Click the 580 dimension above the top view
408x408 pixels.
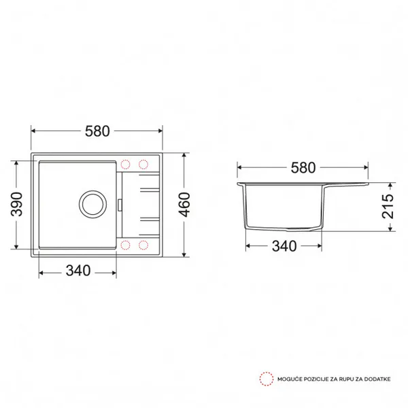point(97,131)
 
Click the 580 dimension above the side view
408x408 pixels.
point(303,168)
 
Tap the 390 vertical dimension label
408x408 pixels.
point(16,204)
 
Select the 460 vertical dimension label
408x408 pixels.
point(184,205)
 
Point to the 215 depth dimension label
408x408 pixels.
point(388,206)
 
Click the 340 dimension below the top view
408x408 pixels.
point(78,271)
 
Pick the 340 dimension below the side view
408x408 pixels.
point(284,246)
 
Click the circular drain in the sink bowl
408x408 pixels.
point(92,205)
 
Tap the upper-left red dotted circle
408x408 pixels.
point(125,165)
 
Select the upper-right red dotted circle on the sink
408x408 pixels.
point(143,165)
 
